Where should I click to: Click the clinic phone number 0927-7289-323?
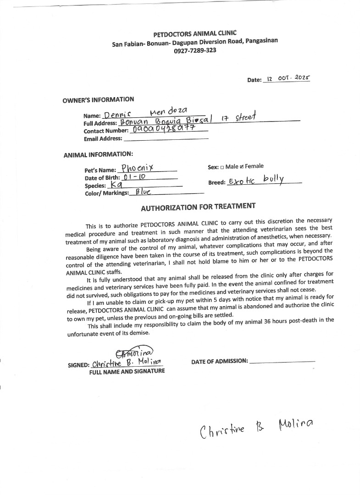[195, 50]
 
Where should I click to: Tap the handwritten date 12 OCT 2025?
[288, 78]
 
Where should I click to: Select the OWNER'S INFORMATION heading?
[98, 100]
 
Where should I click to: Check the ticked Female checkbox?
[242, 167]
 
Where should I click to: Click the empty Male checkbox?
[222, 167]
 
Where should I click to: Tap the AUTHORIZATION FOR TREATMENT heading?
[198, 207]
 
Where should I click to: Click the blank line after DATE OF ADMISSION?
[282, 361]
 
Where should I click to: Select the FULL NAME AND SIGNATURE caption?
[127, 371]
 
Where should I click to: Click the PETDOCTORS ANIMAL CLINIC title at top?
[195, 33]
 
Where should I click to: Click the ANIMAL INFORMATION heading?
[98, 154]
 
